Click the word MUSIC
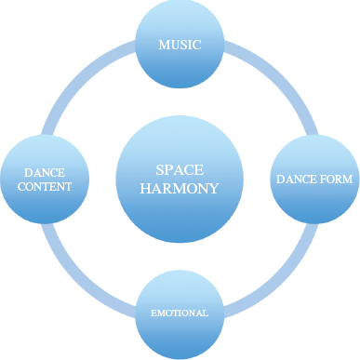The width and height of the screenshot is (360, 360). pyautogui.click(x=180, y=45)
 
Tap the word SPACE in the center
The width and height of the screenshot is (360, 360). pyautogui.click(x=180, y=170)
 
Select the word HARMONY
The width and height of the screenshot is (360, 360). pyautogui.click(x=180, y=188)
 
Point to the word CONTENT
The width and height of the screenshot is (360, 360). pyautogui.click(x=45, y=187)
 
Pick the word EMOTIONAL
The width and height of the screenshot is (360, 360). pyautogui.click(x=180, y=313)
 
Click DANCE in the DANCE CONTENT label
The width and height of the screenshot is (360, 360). pyautogui.click(x=45, y=172)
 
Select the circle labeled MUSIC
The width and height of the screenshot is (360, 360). pyautogui.click(x=180, y=44)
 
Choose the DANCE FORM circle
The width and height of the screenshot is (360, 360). pyautogui.click(x=314, y=180)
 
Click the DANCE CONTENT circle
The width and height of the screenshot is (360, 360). pyautogui.click(x=45, y=180)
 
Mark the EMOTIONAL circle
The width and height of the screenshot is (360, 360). pyautogui.click(x=180, y=314)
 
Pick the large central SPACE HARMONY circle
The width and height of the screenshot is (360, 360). pyautogui.click(x=180, y=180)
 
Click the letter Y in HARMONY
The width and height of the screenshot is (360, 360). pyautogui.click(x=214, y=188)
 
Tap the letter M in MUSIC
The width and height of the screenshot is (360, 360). pyautogui.click(x=164, y=45)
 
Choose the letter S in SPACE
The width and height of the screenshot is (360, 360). pyautogui.click(x=159, y=170)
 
